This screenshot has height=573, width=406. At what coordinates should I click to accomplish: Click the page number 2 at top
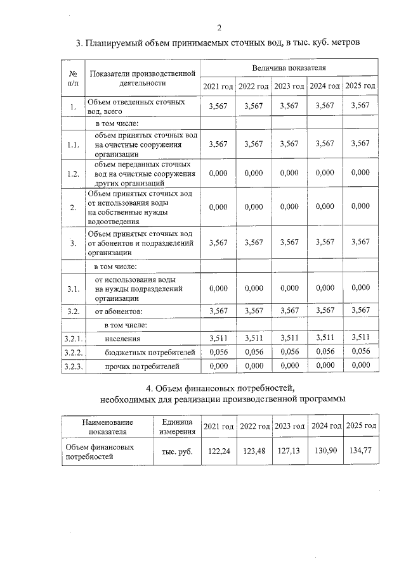point(219,27)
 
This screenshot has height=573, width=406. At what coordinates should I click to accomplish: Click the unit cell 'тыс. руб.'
point(177,451)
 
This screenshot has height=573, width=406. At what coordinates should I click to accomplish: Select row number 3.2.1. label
point(74,339)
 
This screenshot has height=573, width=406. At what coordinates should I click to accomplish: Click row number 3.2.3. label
point(74,365)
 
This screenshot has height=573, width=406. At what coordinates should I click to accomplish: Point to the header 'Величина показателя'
point(289,66)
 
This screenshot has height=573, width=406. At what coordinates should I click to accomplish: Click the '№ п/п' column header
point(74,77)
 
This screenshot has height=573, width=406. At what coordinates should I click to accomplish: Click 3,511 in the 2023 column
point(289,338)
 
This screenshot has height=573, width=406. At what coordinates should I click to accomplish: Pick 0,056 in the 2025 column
point(360,351)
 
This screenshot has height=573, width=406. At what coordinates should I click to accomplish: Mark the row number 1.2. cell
point(74,173)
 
